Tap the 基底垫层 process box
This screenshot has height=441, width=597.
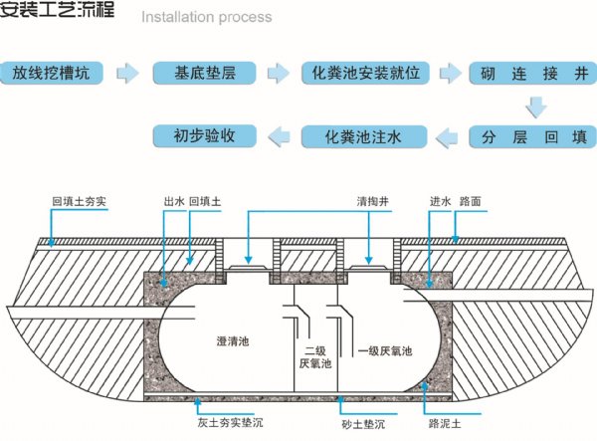tap(205, 73)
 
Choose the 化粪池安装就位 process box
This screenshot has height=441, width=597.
tap(363, 73)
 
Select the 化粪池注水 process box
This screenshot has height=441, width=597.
tap(363, 134)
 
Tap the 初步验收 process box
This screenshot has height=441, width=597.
tap(204, 134)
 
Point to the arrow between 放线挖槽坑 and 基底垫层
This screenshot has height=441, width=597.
tap(128, 73)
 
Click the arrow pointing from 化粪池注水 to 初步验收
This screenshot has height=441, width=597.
tap(283, 134)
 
